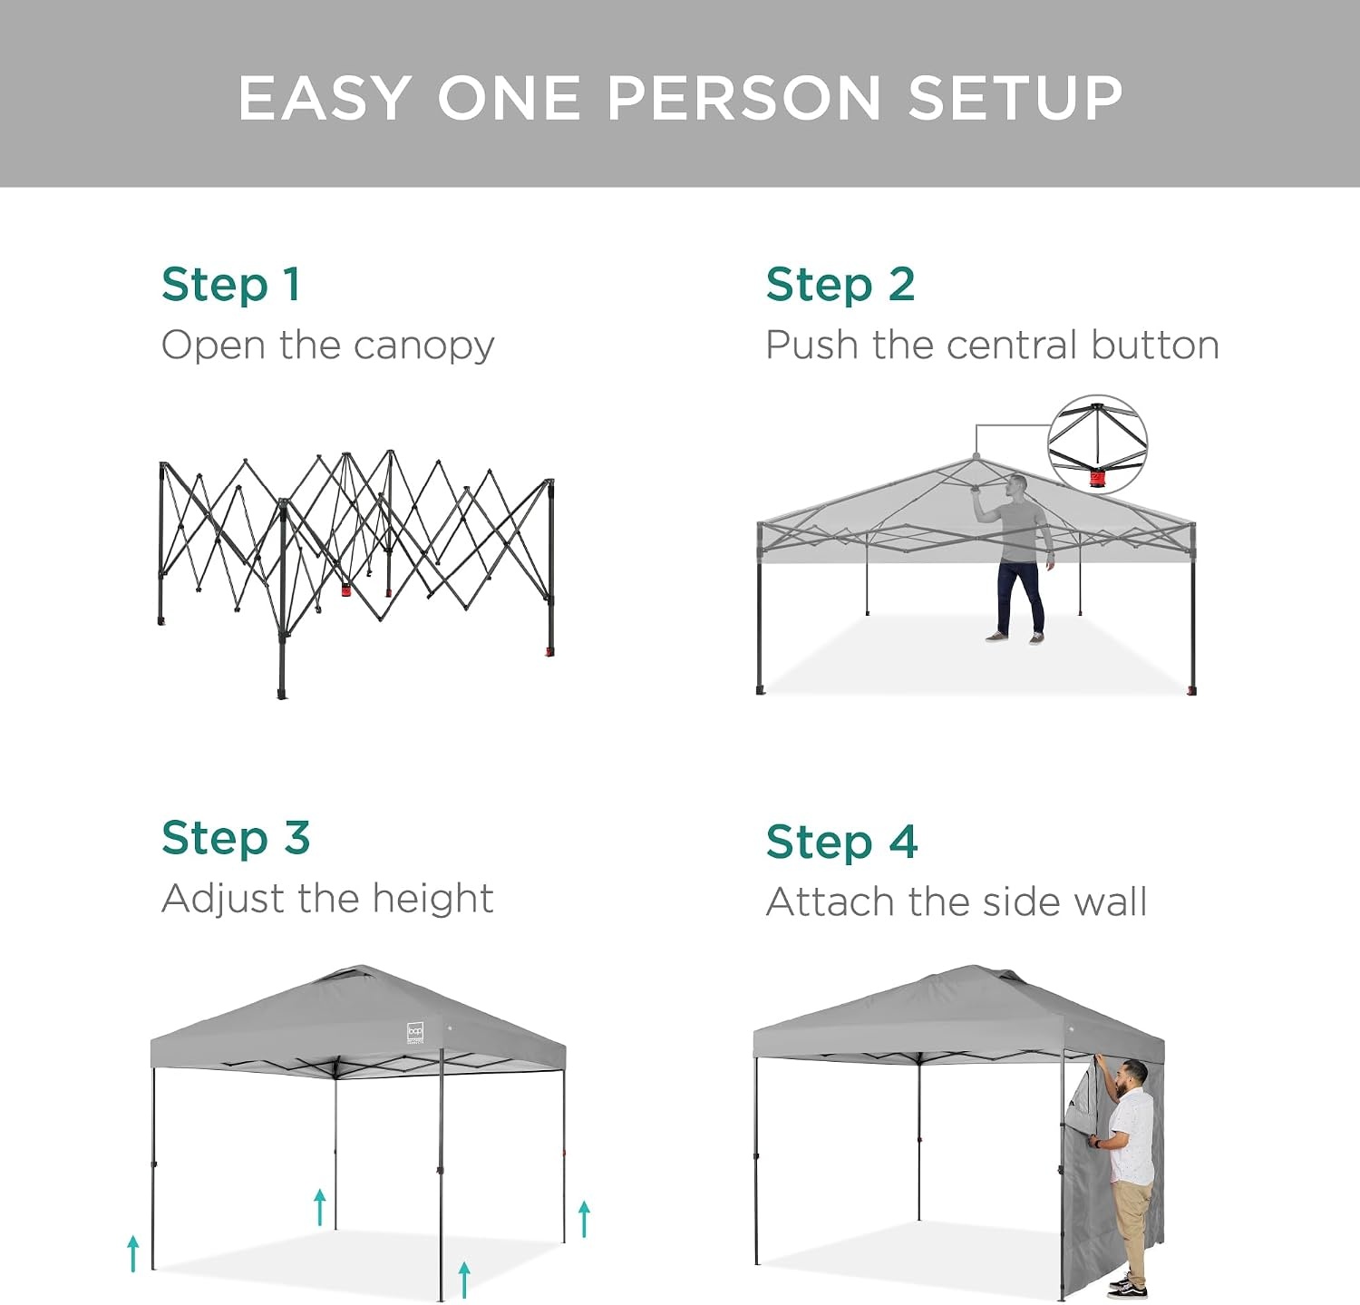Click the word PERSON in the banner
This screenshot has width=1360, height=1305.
tap(744, 97)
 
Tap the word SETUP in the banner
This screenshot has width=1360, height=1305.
tap(1015, 97)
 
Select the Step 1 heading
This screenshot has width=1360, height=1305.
tap(230, 285)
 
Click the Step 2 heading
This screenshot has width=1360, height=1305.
tap(840, 285)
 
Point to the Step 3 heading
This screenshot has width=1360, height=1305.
tap(236, 838)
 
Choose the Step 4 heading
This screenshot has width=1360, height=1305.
tap(841, 842)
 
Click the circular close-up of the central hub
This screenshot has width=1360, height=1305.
tap(1098, 444)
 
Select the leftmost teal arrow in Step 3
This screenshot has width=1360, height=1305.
tap(133, 1253)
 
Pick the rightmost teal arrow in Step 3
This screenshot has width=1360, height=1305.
tap(585, 1219)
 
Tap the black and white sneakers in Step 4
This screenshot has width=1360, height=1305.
tap(1127, 1286)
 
